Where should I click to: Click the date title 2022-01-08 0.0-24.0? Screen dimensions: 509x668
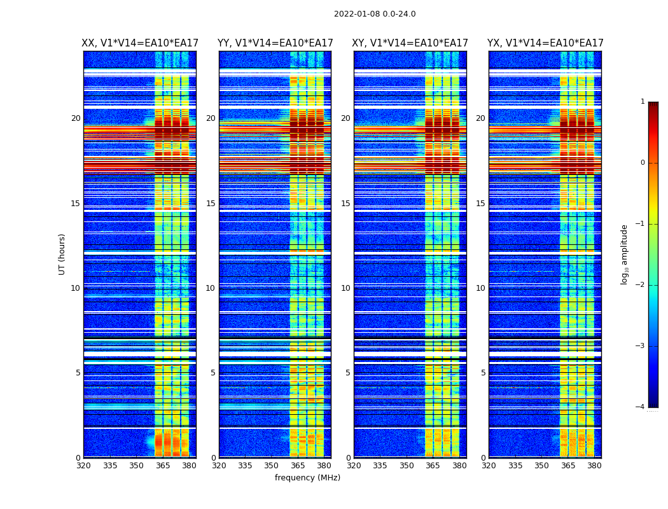(375, 14)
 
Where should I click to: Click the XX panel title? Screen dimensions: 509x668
(140, 43)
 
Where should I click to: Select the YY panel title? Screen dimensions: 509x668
(275, 43)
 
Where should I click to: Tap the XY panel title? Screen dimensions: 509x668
(410, 43)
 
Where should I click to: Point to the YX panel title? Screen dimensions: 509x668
(545, 43)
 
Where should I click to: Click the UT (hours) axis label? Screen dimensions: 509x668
(62, 254)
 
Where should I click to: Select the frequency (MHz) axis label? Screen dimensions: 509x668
(307, 478)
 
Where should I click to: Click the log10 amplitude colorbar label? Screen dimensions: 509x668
(625, 254)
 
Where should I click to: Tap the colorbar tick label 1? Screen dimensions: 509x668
(642, 102)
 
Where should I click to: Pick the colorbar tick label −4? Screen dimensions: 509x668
(640, 407)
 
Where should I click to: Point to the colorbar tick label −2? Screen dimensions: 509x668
(640, 285)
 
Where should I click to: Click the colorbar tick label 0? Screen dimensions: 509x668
(642, 163)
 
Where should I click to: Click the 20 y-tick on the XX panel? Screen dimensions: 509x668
(76, 118)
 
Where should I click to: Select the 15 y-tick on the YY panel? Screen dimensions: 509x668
(211, 204)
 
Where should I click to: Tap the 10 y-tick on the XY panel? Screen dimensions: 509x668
(345, 288)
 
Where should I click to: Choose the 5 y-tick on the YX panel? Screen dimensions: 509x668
(483, 373)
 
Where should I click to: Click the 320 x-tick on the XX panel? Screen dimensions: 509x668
(83, 466)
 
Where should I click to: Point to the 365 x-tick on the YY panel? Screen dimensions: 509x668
(298, 466)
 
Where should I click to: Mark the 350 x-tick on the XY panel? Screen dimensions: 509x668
(407, 466)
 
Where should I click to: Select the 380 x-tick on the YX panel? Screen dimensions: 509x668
(594, 466)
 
